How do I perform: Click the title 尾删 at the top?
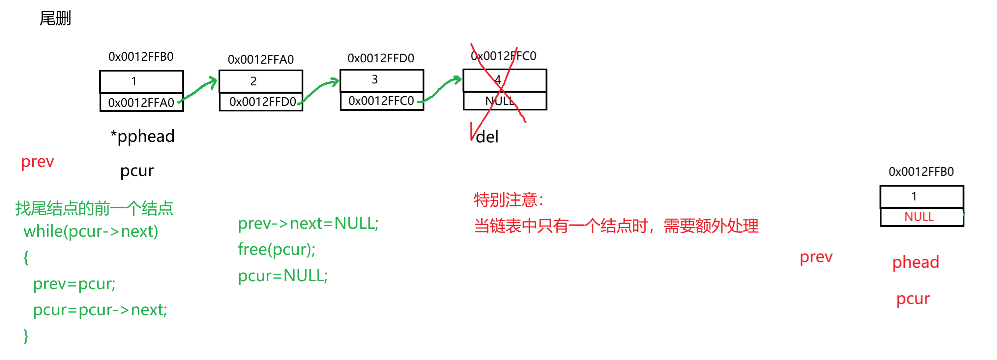point(55,18)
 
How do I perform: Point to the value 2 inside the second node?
point(254,80)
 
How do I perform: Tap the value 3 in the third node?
point(375,79)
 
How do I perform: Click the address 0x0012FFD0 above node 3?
point(381,58)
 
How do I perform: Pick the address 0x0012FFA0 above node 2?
point(261,59)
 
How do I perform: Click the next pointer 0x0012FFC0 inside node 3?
point(382,101)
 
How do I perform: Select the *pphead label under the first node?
point(143,136)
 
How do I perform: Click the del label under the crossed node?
point(488,136)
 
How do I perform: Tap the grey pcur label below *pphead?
point(138,171)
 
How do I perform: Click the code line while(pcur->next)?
point(91,231)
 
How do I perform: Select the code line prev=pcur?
point(74,284)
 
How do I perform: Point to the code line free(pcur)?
point(277,249)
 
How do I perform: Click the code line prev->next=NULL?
point(308,224)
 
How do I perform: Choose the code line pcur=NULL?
point(283,276)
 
